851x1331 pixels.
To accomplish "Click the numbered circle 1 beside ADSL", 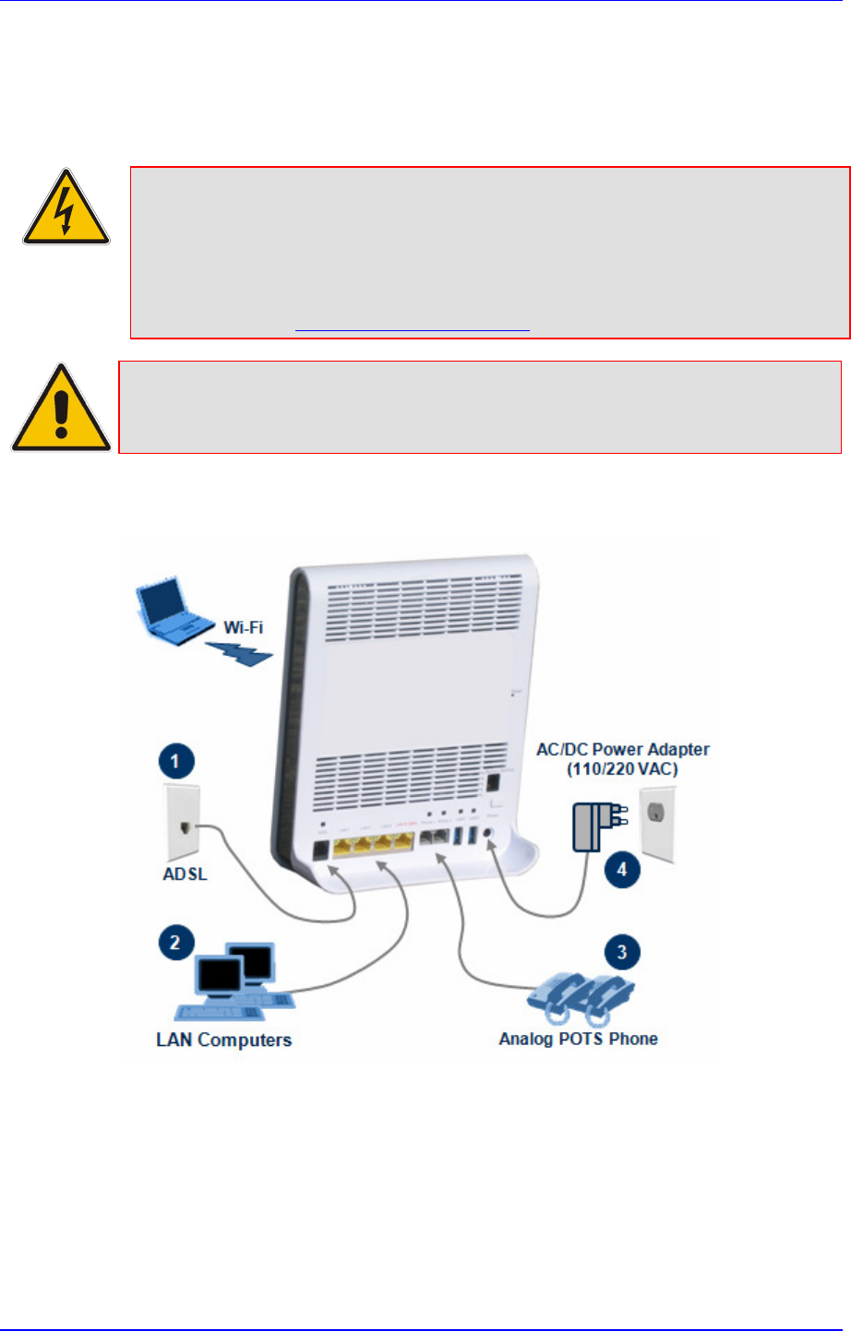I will tap(175, 763).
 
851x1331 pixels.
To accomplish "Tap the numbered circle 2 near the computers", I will tap(175, 943).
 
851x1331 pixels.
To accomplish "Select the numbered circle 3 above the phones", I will tap(622, 952).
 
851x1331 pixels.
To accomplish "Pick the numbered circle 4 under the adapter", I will tap(622, 869).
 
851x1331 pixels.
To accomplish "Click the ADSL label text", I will tap(185, 873).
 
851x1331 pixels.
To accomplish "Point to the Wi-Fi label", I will tap(244, 627).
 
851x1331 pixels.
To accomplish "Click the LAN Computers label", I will tap(223, 1040).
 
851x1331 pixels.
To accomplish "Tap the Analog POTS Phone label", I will tap(579, 1039).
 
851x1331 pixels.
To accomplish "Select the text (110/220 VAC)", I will tap(623, 768).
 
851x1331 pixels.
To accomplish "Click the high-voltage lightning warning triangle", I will tap(66, 208).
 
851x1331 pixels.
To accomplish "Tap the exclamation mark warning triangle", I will tap(61, 410).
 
